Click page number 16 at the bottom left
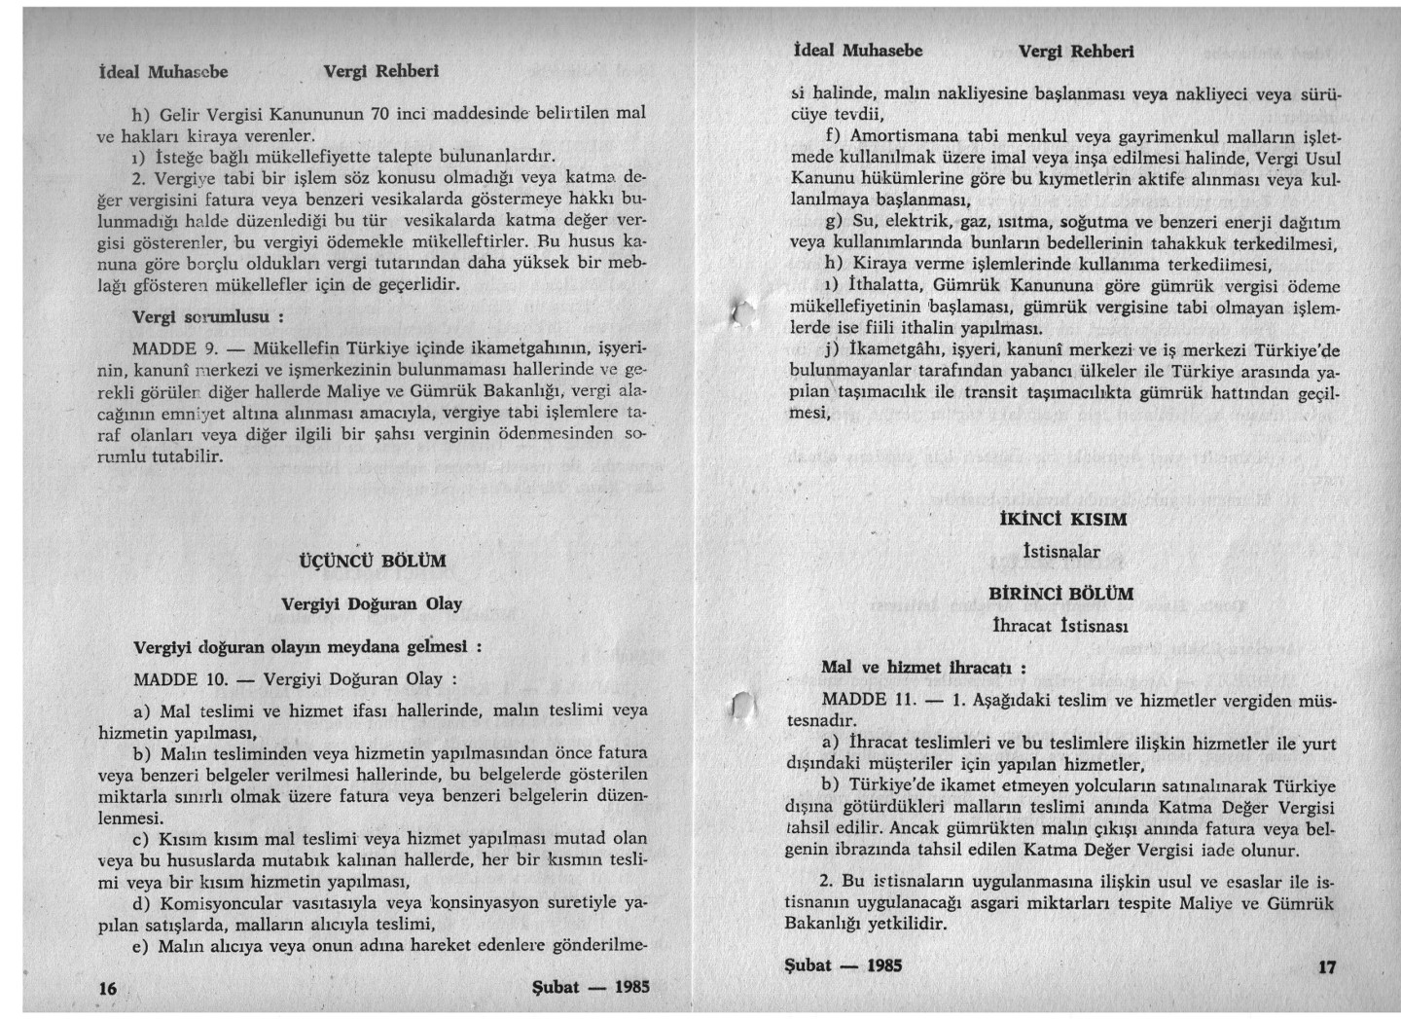point(108,988)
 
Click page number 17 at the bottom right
point(1327,966)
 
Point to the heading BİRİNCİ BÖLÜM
point(1060,594)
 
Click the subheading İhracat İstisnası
point(1060,626)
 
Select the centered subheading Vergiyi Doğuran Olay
point(372,603)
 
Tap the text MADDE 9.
point(174,348)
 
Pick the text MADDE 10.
point(180,678)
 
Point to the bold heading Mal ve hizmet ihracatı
point(923,668)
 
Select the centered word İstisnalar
point(1061,552)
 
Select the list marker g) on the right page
point(833,223)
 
